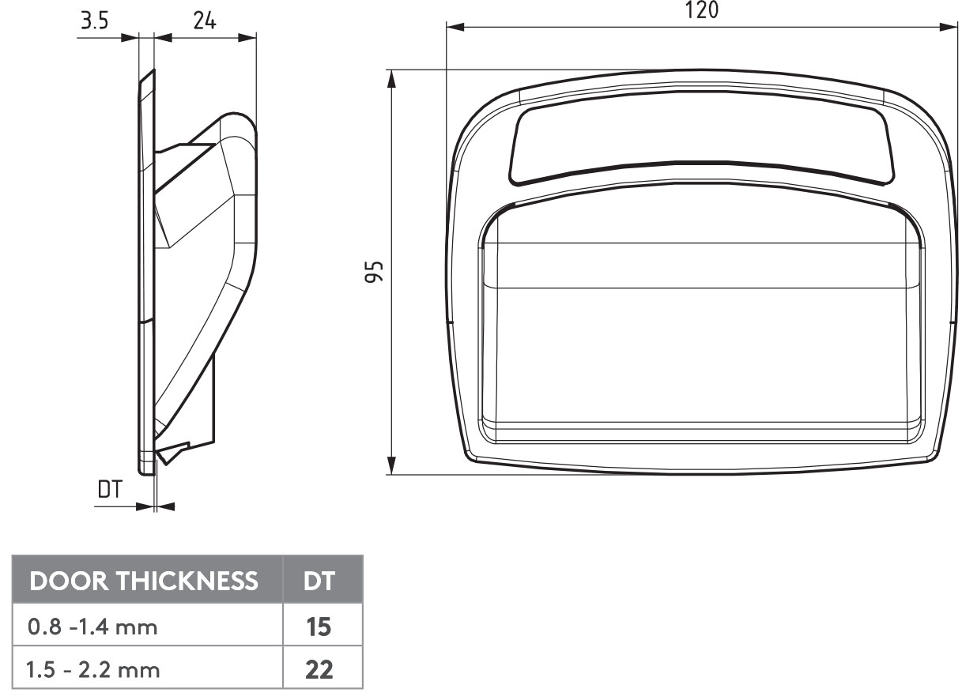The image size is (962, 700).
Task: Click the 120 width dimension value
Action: coord(702,10)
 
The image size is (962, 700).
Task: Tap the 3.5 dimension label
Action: coord(94,21)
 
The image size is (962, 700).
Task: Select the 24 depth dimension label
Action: coord(204,21)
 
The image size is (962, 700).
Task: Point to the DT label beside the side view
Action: coord(110,490)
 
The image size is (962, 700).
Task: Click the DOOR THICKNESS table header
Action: coord(145,581)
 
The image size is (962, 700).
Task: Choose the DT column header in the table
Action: coord(320,581)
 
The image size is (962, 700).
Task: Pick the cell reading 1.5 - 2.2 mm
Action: coord(92,671)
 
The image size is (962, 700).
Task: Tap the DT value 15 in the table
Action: coord(320,628)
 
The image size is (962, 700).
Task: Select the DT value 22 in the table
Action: coord(320,671)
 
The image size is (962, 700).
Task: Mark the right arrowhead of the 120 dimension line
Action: coord(951,28)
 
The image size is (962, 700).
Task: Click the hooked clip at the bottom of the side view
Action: coord(170,454)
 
